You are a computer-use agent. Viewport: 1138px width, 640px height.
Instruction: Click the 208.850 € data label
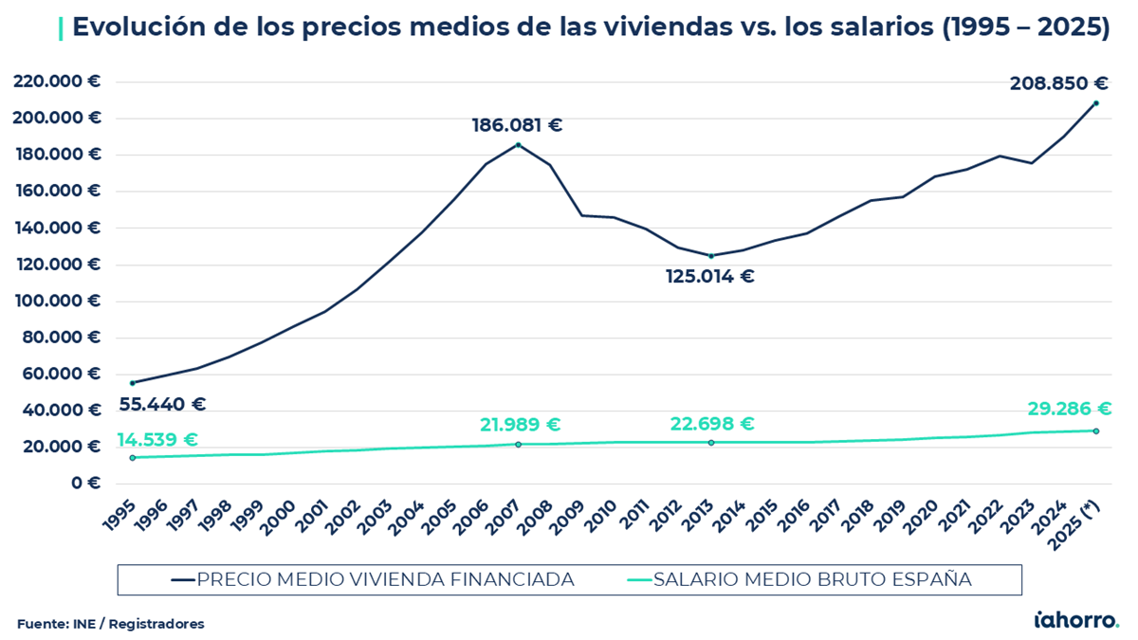click(1058, 83)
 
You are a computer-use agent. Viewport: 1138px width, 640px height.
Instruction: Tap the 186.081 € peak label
click(517, 125)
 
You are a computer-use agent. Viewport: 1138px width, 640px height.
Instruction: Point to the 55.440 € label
click(162, 404)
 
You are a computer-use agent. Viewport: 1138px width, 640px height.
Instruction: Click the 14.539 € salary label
click(157, 440)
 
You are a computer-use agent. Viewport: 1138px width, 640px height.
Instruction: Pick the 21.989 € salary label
click(520, 425)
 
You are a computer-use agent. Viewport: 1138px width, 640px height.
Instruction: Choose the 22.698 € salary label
click(712, 424)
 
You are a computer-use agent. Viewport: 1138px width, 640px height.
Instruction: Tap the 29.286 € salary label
click(1069, 409)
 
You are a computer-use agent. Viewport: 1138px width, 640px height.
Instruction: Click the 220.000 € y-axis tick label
click(57, 82)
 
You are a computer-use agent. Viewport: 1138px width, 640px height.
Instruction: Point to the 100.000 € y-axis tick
click(57, 301)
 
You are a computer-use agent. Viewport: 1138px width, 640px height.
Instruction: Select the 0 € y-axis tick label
click(86, 483)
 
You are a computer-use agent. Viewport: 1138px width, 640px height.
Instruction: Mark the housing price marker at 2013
click(710, 256)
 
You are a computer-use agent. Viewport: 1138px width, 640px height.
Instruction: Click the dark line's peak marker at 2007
click(518, 145)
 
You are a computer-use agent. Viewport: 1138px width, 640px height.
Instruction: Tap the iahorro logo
click(1075, 620)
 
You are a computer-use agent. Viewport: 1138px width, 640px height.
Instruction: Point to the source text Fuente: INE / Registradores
click(110, 624)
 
